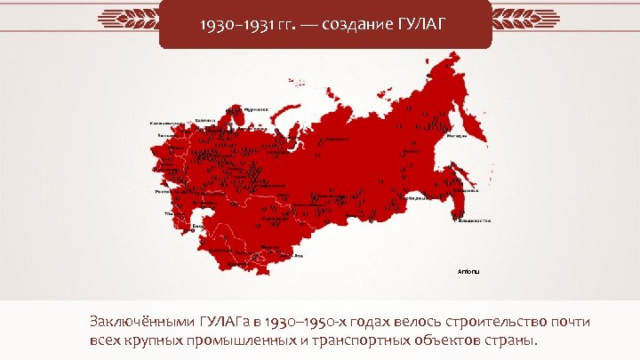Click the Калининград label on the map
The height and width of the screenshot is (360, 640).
[166, 123]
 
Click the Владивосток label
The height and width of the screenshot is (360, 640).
[474, 220]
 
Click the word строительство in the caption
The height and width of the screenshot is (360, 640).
[476, 321]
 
